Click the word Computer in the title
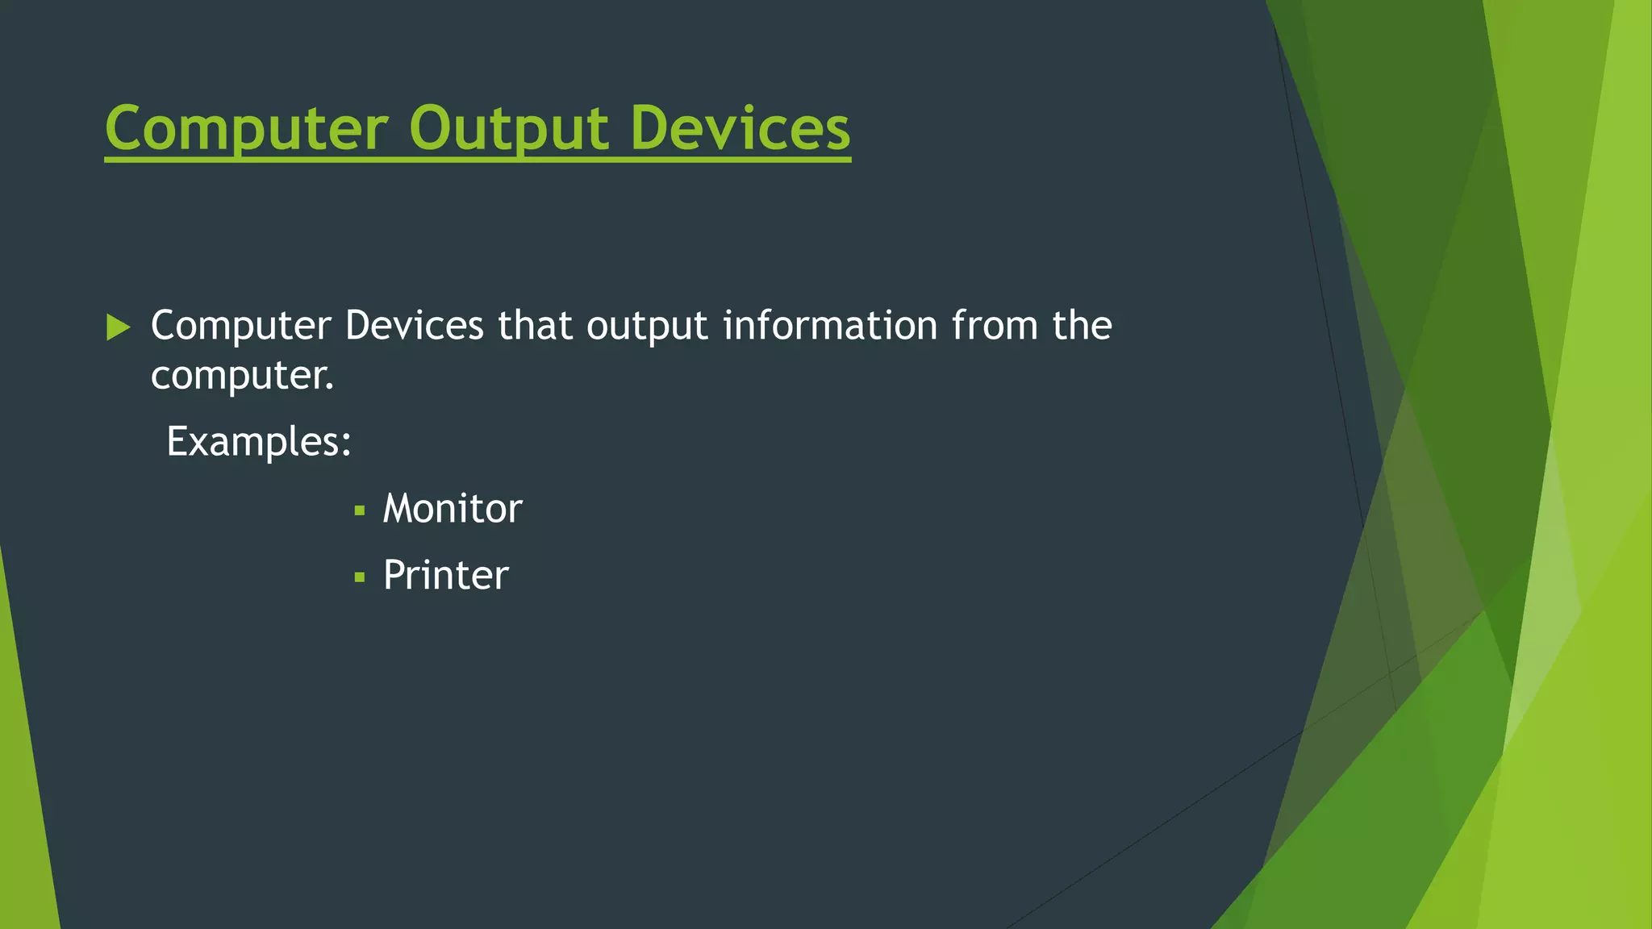click(247, 129)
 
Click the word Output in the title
click(508, 129)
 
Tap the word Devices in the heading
click(740, 129)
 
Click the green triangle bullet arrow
click(118, 327)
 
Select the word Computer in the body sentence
click(240, 326)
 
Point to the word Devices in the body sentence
click(414, 326)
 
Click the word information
click(830, 326)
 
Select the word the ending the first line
click(1082, 326)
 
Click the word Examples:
click(258, 442)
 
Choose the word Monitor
click(453, 509)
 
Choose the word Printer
click(445, 576)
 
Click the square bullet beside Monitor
click(360, 510)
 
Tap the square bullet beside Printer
click(360, 577)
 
